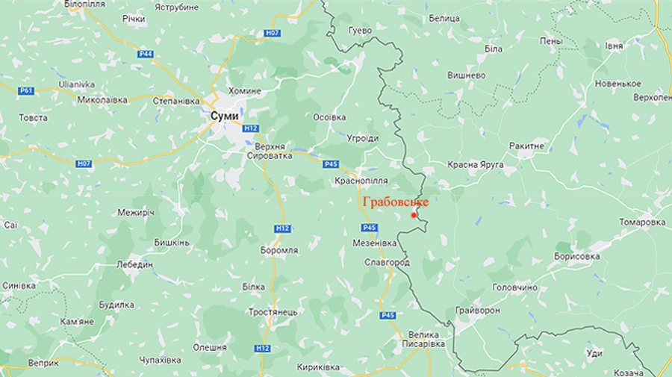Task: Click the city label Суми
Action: [x=225, y=116]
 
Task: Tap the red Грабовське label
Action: [x=396, y=201]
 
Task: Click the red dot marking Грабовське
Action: [x=414, y=215]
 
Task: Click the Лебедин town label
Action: [x=134, y=264]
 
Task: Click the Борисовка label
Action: [x=577, y=256]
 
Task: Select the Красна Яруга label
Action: [x=476, y=164]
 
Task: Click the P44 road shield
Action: [x=146, y=54]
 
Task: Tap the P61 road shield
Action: [x=28, y=90]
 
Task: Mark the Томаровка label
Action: [x=642, y=222]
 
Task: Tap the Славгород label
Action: [x=386, y=264]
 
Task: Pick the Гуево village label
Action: [x=360, y=31]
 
